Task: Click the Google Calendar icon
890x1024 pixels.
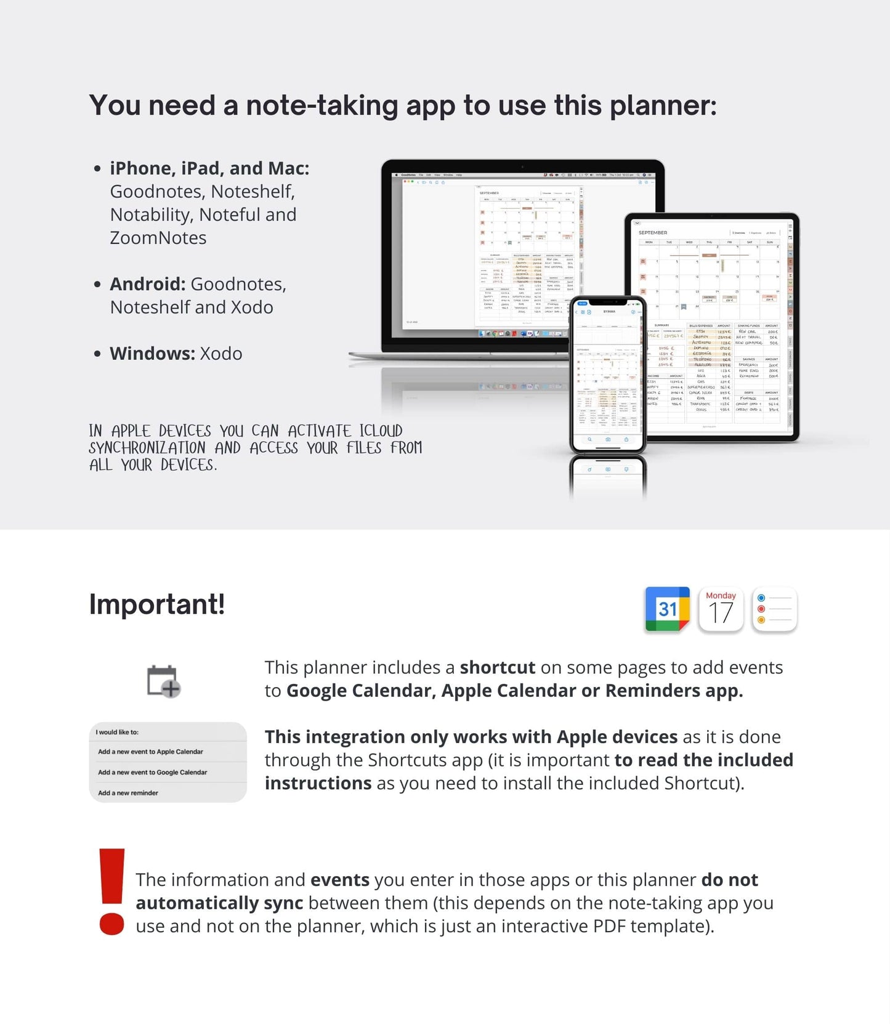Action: [x=667, y=609]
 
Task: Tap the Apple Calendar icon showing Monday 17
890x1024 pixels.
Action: [x=721, y=609]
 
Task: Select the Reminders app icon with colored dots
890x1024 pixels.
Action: [x=774, y=609]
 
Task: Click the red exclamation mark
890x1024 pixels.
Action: [x=111, y=891]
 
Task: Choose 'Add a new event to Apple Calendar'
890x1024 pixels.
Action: [x=150, y=752]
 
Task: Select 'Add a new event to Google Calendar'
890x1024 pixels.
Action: [x=152, y=772]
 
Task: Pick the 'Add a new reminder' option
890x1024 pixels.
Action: [x=128, y=793]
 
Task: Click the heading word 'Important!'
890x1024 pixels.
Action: [x=157, y=604]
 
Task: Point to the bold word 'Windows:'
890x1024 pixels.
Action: [x=152, y=354]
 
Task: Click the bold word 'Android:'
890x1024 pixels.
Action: [x=147, y=284]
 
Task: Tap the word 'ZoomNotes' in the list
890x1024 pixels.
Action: [x=158, y=238]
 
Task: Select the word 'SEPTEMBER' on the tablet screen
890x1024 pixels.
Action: [x=653, y=233]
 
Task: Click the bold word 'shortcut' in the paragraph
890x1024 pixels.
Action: [x=497, y=668]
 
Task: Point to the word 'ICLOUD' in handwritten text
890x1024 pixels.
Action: [x=381, y=431]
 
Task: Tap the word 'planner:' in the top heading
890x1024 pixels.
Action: [x=663, y=106]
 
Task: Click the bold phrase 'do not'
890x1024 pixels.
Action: [x=729, y=880]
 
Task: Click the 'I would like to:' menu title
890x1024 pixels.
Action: [x=117, y=732]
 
